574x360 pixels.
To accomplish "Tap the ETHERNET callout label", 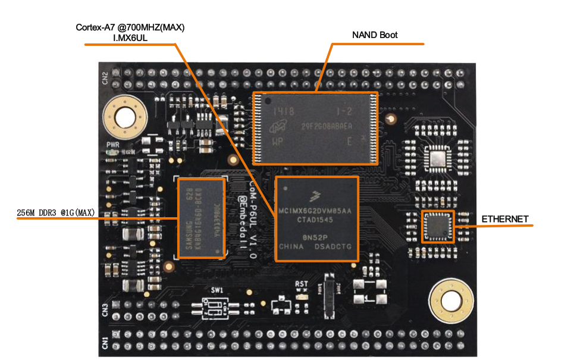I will tap(505, 219).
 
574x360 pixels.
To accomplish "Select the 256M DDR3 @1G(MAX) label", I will tap(55, 212).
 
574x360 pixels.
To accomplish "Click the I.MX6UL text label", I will tap(134, 38).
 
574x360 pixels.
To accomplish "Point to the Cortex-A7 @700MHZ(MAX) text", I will tap(134, 27).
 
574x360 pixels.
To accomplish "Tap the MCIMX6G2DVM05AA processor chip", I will tap(317, 218).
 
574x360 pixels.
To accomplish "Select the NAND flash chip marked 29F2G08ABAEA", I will tap(315, 128).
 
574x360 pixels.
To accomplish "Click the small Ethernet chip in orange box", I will tap(438, 226).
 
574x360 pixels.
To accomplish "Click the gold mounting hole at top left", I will tap(125, 117).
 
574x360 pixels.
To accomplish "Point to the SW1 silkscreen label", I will tap(218, 290).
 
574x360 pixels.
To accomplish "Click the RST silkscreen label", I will tap(302, 285).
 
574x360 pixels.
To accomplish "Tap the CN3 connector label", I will tap(105, 309).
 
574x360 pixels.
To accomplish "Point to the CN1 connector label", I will tap(105, 343).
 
